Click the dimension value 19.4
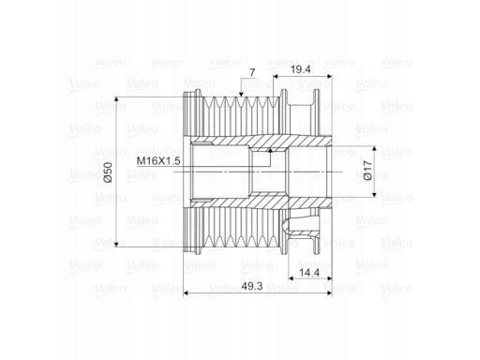pyautogui.click(x=301, y=69)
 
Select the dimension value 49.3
pyautogui.click(x=252, y=286)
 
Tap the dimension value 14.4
pyautogui.click(x=309, y=273)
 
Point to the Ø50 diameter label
pyautogui.click(x=108, y=172)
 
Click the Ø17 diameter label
pyautogui.click(x=368, y=171)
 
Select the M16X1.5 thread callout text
pyautogui.click(x=158, y=161)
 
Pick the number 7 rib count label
pyautogui.click(x=252, y=73)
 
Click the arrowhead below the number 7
pyautogui.click(x=241, y=94)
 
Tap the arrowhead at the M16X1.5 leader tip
pyautogui.click(x=270, y=151)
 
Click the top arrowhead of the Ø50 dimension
pyautogui.click(x=116, y=99)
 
